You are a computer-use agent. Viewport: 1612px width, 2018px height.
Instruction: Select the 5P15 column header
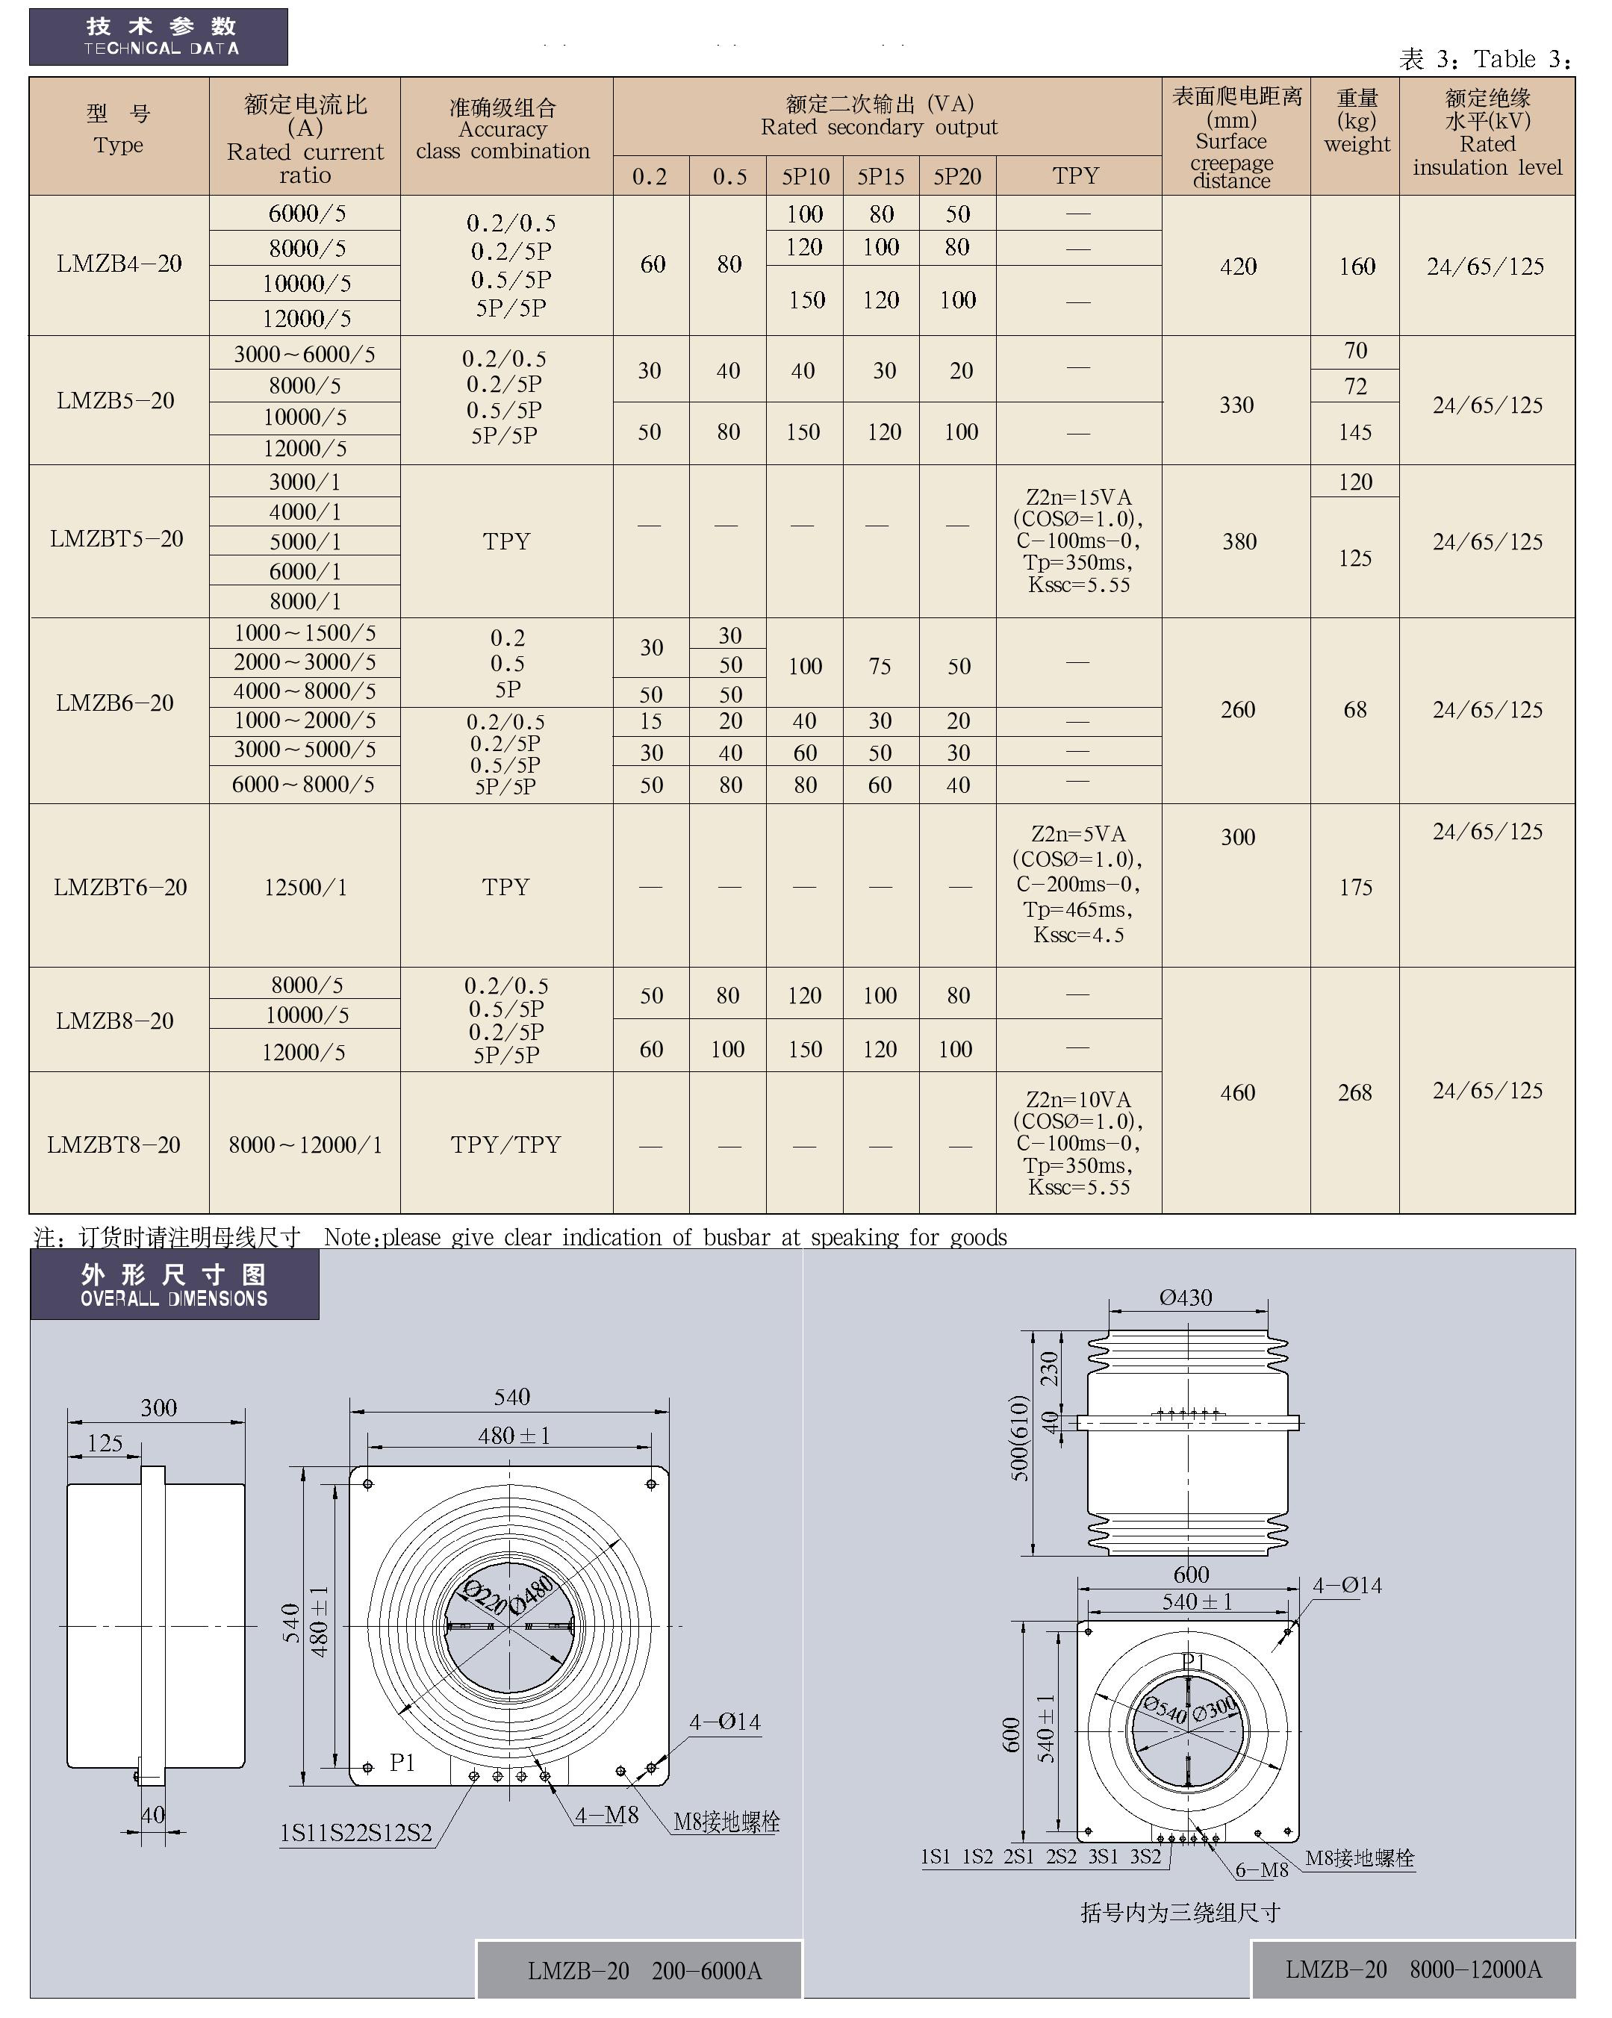click(x=880, y=176)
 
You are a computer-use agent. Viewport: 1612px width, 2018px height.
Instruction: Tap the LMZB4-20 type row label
click(x=119, y=264)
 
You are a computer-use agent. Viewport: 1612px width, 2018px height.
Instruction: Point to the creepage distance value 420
click(x=1237, y=267)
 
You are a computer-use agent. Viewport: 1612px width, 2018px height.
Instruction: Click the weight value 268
click(x=1354, y=1092)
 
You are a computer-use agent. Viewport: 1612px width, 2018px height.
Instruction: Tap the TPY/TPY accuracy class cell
click(x=505, y=1145)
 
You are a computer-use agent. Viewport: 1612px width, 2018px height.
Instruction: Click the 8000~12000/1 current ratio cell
click(x=305, y=1145)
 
